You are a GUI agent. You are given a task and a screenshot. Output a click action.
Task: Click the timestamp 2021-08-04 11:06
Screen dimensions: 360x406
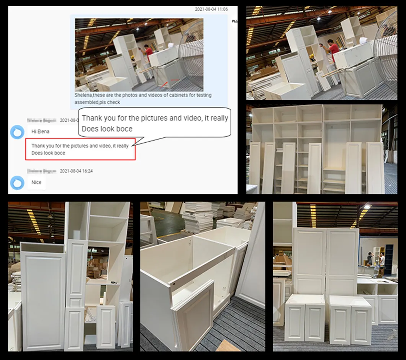(211, 9)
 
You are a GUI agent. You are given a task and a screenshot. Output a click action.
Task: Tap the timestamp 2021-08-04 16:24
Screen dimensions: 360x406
(76, 171)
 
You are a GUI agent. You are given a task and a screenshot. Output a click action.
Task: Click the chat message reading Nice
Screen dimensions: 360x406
(36, 182)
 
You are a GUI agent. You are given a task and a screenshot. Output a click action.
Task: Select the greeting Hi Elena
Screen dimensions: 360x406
(40, 131)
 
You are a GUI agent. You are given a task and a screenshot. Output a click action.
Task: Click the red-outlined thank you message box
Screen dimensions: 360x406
(80, 149)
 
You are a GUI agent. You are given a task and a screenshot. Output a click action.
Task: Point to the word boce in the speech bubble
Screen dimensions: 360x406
(124, 129)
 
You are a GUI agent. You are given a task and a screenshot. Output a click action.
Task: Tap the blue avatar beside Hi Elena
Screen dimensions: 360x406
(17, 132)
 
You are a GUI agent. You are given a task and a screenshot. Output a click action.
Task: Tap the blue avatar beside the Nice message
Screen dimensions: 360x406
(17, 182)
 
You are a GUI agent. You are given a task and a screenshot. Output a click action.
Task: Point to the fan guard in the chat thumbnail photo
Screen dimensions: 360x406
(192, 54)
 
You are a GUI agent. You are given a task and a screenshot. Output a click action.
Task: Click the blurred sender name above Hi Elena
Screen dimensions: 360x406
(42, 120)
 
